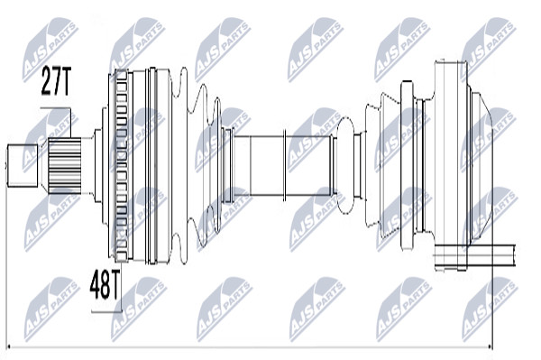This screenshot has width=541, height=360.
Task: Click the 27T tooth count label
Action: (x=56, y=81)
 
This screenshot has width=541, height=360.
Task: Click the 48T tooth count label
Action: (x=105, y=284)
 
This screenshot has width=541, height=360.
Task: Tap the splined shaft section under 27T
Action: (x=65, y=165)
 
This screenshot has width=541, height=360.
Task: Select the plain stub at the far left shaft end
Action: (x=23, y=165)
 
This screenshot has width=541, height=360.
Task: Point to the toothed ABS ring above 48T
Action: (x=121, y=165)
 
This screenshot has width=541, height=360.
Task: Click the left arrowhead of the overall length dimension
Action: (x=10, y=347)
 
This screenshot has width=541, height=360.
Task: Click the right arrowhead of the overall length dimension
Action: (x=489, y=347)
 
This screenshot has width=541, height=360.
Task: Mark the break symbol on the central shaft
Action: (x=285, y=165)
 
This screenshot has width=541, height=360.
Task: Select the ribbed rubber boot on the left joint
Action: (x=195, y=166)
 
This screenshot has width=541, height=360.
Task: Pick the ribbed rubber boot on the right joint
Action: (x=383, y=166)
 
